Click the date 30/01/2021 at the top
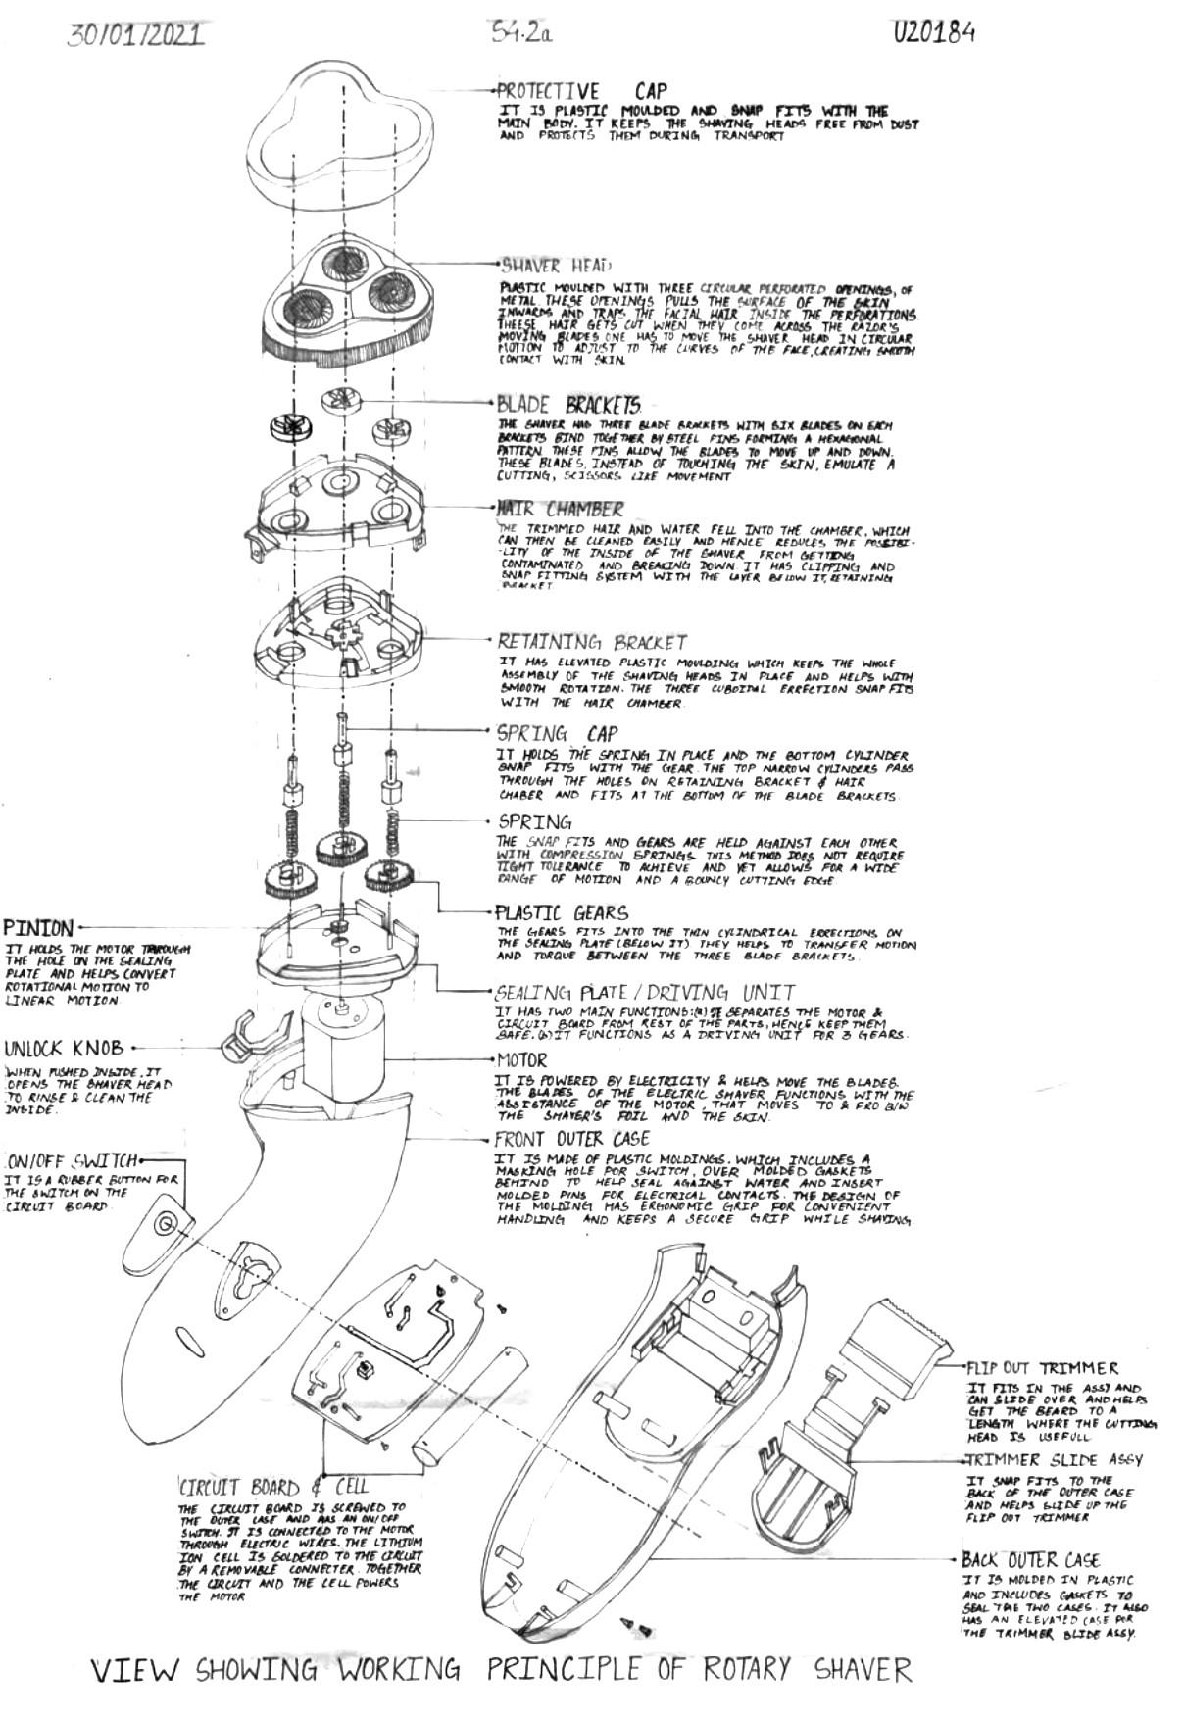click(x=136, y=35)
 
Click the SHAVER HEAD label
click(x=556, y=266)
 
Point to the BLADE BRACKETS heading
click(x=569, y=404)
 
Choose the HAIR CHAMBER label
click(x=560, y=510)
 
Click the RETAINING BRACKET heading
click(x=592, y=643)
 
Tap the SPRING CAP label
click(x=557, y=733)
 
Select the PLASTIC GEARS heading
click(x=562, y=913)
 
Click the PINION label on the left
click(x=38, y=927)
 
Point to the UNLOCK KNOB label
click(x=64, y=1048)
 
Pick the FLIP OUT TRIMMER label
click(x=1042, y=1368)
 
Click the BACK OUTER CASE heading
click(x=1030, y=1560)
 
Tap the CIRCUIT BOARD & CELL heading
click(x=273, y=1485)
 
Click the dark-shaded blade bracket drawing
click(x=289, y=426)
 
